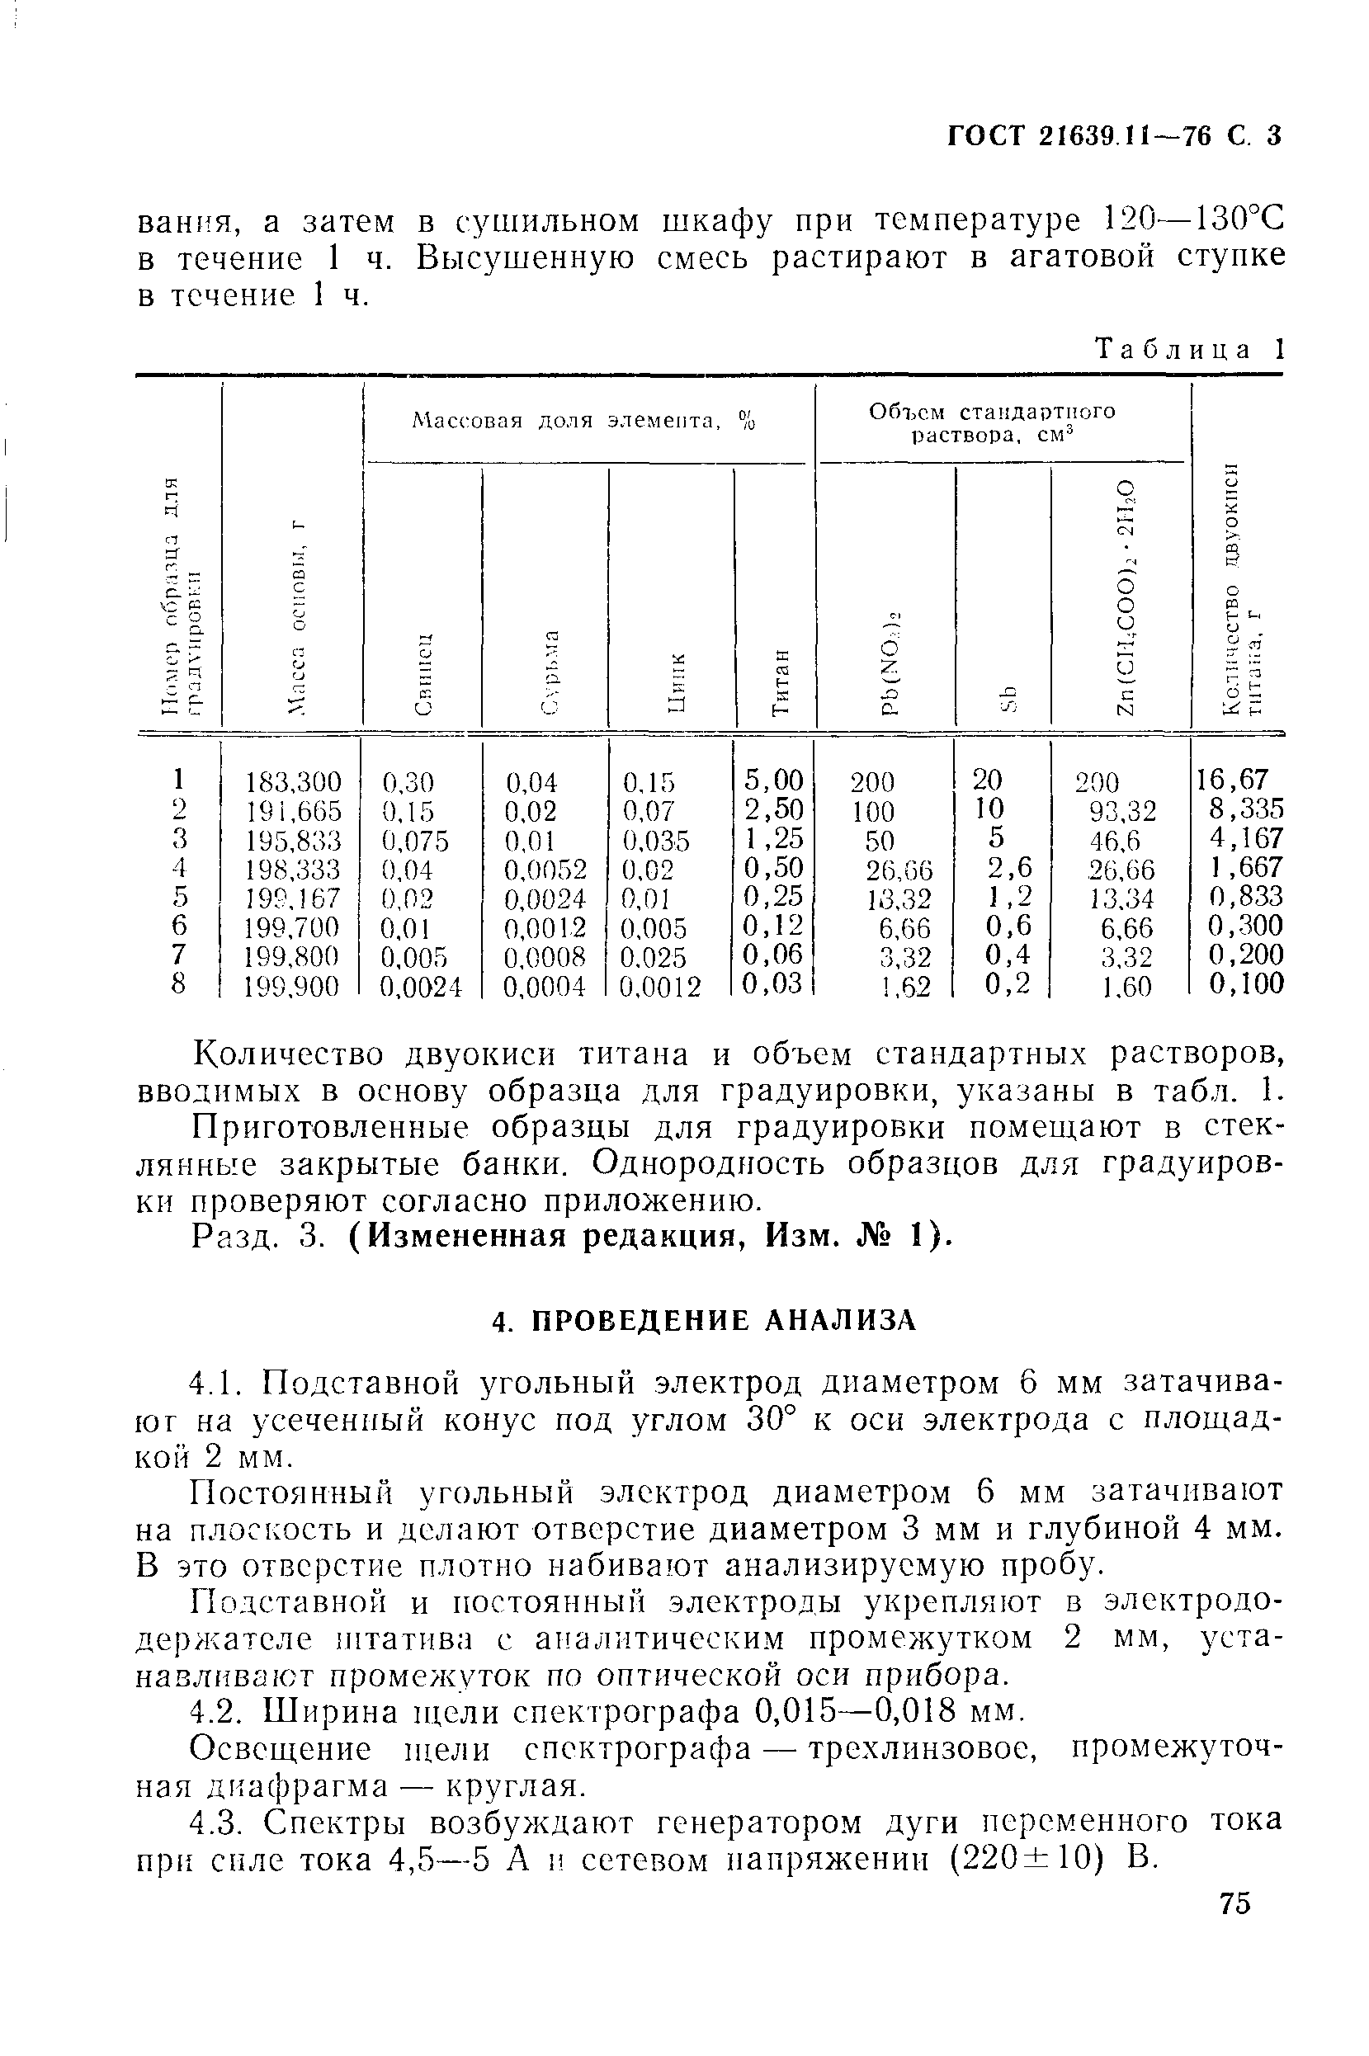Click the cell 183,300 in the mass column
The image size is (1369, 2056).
[x=294, y=781]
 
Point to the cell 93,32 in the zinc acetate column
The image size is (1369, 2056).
[x=1122, y=812]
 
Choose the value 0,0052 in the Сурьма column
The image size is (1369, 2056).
[x=545, y=870]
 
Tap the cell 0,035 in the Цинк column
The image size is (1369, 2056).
[x=655, y=841]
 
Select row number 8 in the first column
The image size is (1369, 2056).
[x=178, y=984]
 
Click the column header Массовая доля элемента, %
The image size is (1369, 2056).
[x=583, y=422]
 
